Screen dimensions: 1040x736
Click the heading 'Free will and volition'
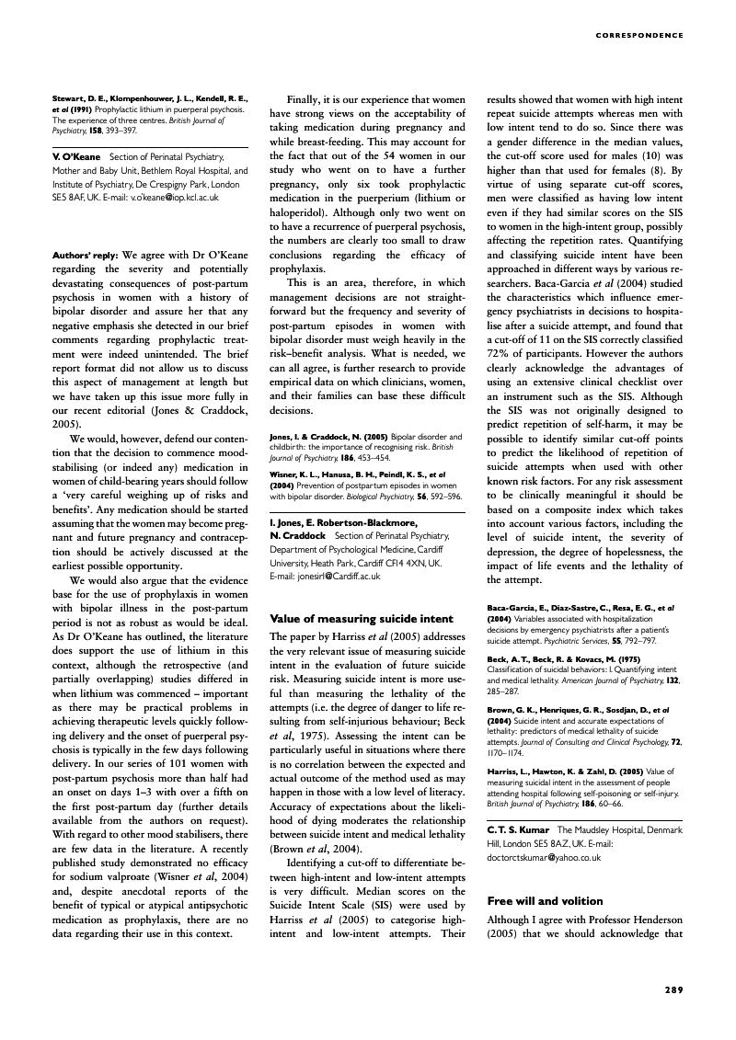click(x=532, y=900)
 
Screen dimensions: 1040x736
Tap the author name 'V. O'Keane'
click(x=76, y=158)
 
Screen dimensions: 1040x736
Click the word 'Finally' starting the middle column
click(x=305, y=97)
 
